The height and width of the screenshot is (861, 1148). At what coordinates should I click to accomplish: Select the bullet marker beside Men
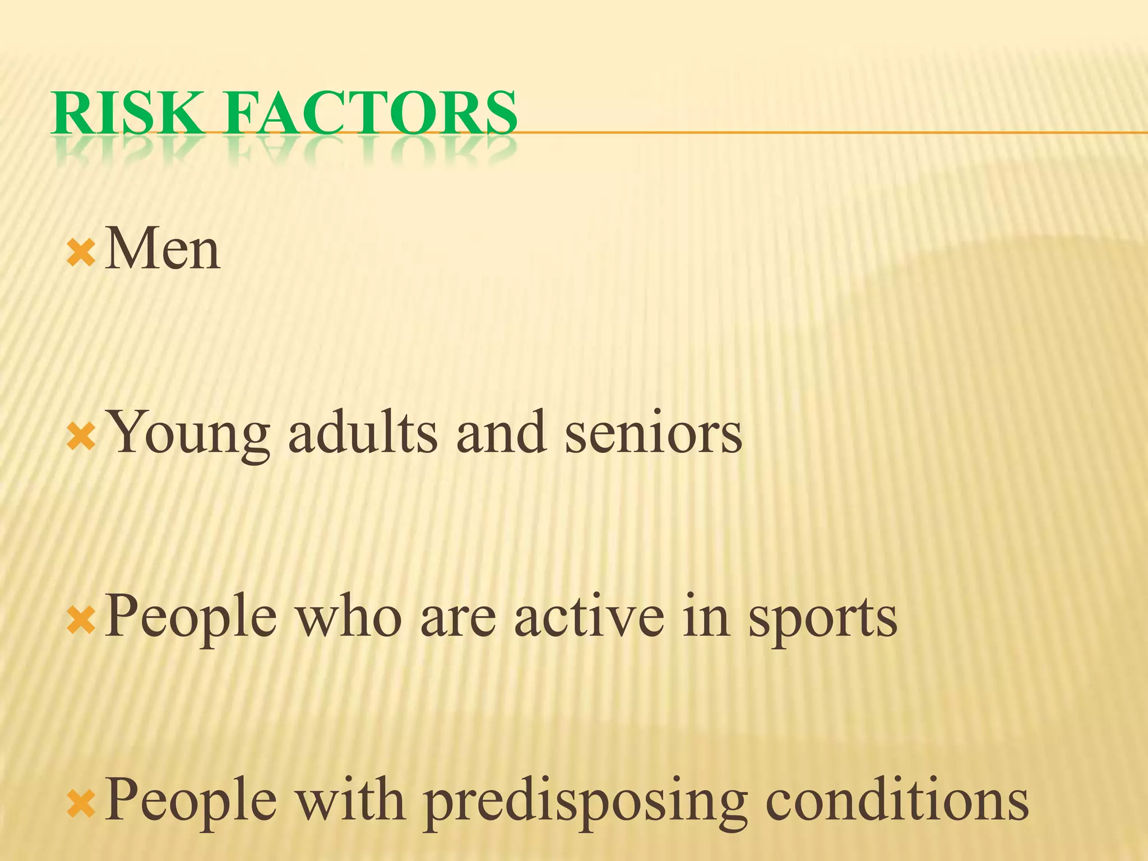point(81,253)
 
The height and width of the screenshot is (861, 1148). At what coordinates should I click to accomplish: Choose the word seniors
point(653,433)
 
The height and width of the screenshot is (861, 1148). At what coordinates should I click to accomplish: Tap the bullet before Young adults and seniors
point(81,437)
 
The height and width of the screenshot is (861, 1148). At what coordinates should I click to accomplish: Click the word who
point(349,617)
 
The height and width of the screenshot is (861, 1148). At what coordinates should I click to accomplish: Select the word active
point(589,617)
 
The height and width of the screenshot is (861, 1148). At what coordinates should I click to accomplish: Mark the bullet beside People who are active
point(81,621)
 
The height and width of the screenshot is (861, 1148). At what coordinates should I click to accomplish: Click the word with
point(350,800)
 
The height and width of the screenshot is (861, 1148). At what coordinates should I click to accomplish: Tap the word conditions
point(897,800)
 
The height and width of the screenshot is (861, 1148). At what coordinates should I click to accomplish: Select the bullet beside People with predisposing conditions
point(81,805)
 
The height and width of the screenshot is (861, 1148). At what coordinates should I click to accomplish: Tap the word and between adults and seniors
point(501,433)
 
